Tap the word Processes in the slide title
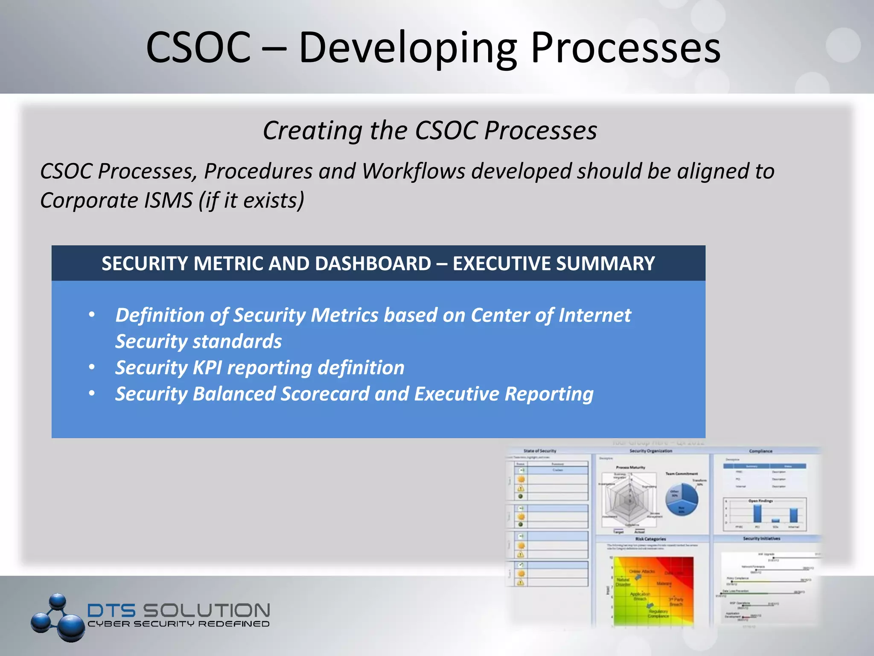[x=625, y=48]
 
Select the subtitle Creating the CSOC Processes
[x=430, y=130]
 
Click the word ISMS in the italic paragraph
[x=168, y=200]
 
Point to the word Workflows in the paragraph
[x=413, y=171]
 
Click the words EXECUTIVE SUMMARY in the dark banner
[x=554, y=264]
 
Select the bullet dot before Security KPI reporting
[x=92, y=367]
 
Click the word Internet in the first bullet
[x=594, y=315]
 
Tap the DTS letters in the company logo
[x=111, y=611]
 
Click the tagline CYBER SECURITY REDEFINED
[x=178, y=624]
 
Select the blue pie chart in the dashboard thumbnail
[x=682, y=499]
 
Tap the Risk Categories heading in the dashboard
[x=650, y=539]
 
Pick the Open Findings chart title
[x=760, y=501]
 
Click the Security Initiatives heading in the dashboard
[x=761, y=539]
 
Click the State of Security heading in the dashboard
[x=540, y=451]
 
